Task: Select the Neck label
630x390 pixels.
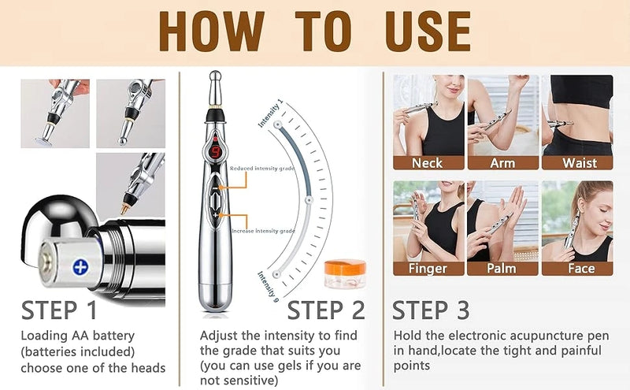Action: click(x=427, y=163)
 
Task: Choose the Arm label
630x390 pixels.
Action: click(x=502, y=163)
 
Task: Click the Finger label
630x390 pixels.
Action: click(x=427, y=268)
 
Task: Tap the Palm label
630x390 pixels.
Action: click(x=502, y=268)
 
